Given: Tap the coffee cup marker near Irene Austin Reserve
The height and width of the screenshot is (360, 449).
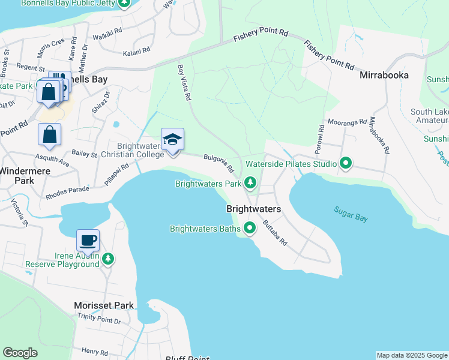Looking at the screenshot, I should coord(88,241).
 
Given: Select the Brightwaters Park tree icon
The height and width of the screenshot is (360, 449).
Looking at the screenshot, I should coord(250,183).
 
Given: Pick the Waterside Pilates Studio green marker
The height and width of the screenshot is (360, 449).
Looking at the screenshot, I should coord(346,163).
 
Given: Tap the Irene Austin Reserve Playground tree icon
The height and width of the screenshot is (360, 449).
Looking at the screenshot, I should coord(107,259).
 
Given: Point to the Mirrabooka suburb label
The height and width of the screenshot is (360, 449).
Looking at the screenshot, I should coord(384,76).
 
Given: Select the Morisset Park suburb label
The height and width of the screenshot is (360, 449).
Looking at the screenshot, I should coord(103,305).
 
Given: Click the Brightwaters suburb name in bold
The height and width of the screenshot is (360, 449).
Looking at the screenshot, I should coord(253,209).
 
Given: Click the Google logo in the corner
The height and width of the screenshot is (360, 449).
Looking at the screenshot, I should coord(20,353).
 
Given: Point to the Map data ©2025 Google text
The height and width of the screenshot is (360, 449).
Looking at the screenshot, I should coord(411,355).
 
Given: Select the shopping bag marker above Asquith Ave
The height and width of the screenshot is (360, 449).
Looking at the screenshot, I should coord(50,136).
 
